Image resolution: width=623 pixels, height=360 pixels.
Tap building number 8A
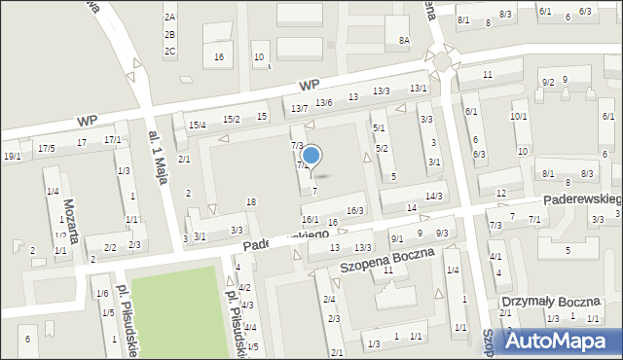point(404,40)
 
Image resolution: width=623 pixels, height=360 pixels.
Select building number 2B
point(169,34)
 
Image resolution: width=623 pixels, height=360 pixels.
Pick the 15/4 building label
point(198,125)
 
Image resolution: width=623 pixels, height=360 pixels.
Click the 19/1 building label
point(12,156)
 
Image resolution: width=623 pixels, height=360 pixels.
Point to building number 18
point(250,201)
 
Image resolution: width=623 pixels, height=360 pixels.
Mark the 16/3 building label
point(355,210)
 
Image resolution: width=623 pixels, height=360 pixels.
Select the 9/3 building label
point(441,233)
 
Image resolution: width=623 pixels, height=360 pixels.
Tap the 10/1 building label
point(519,117)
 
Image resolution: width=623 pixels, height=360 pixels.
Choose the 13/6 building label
point(324,102)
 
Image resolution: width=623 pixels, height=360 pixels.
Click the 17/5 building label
point(46,148)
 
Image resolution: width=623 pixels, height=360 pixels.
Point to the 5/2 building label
point(382,148)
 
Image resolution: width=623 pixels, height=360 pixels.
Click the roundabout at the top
point(442,63)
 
